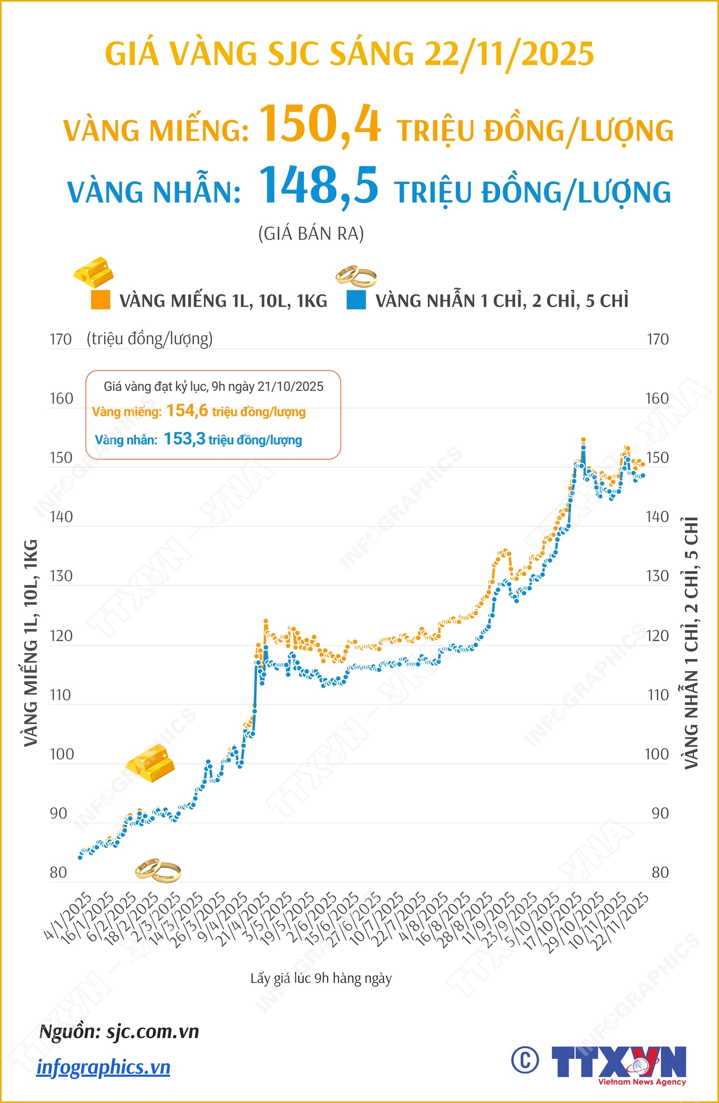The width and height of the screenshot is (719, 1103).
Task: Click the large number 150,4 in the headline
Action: (320, 125)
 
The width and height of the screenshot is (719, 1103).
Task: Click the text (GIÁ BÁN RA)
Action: (311, 234)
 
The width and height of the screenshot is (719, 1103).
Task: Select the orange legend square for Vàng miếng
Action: (101, 300)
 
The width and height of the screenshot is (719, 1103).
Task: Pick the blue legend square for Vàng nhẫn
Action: (356, 300)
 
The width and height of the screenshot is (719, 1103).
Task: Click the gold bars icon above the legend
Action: (94, 272)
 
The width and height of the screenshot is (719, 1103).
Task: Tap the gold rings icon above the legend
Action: (356, 276)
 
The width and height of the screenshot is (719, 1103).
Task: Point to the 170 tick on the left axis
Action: (60, 340)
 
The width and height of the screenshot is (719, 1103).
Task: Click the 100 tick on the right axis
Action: (656, 754)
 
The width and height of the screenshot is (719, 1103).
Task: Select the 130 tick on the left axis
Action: (61, 576)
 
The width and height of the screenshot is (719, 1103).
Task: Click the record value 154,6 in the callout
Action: (187, 411)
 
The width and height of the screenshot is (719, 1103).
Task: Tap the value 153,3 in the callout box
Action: (185, 439)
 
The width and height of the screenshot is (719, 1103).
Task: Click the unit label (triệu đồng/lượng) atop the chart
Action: (150, 339)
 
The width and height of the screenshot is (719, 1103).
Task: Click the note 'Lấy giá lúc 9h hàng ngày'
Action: (321, 978)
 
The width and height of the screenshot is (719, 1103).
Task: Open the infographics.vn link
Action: (104, 1068)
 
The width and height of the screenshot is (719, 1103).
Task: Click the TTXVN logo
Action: (619, 1064)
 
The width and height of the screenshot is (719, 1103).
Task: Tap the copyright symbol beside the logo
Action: (525, 1060)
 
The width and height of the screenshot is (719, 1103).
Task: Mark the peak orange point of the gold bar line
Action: (583, 439)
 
